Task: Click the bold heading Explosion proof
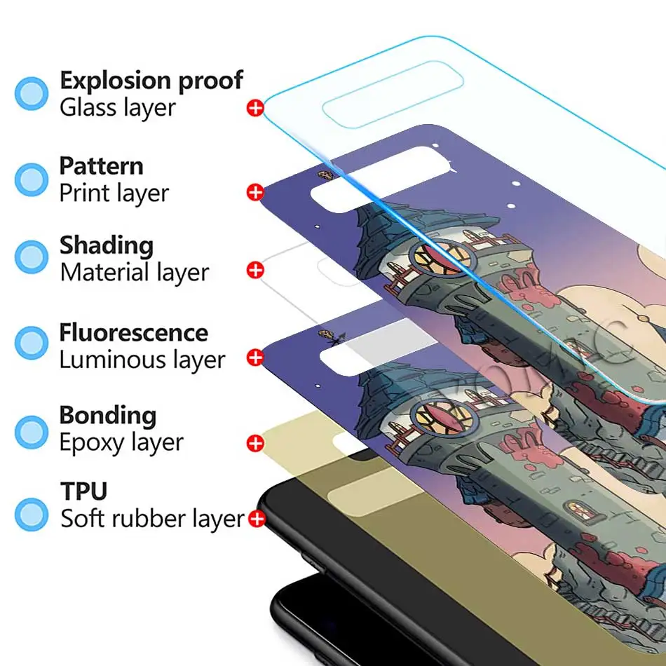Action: (151, 81)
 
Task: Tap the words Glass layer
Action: (117, 108)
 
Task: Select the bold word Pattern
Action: (101, 166)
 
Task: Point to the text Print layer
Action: (114, 193)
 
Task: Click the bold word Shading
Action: (106, 246)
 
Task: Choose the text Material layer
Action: (134, 272)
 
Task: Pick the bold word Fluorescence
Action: (133, 332)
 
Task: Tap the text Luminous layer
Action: (142, 360)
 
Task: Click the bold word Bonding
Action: (107, 415)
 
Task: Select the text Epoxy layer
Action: (121, 442)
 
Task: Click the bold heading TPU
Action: (83, 491)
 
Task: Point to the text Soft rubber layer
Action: (151, 519)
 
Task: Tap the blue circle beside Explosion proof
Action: (32, 93)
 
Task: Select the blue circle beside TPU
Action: (32, 513)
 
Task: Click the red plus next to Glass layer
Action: (255, 108)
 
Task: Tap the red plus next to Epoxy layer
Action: (255, 443)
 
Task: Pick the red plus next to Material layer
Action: (255, 270)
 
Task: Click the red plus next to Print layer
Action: (255, 192)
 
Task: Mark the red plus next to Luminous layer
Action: (255, 358)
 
